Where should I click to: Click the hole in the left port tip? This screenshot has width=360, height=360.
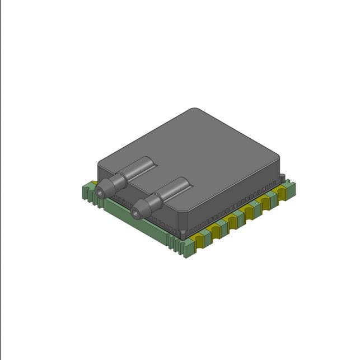pos(100,192)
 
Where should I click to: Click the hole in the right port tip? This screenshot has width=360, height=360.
pos(134,213)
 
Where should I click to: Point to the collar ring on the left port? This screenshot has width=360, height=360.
pos(118,180)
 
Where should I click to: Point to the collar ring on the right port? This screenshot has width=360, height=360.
pos(153,201)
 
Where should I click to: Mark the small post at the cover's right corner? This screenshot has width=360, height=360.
pos(283,178)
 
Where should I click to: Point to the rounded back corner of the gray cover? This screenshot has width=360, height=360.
pos(194,110)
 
